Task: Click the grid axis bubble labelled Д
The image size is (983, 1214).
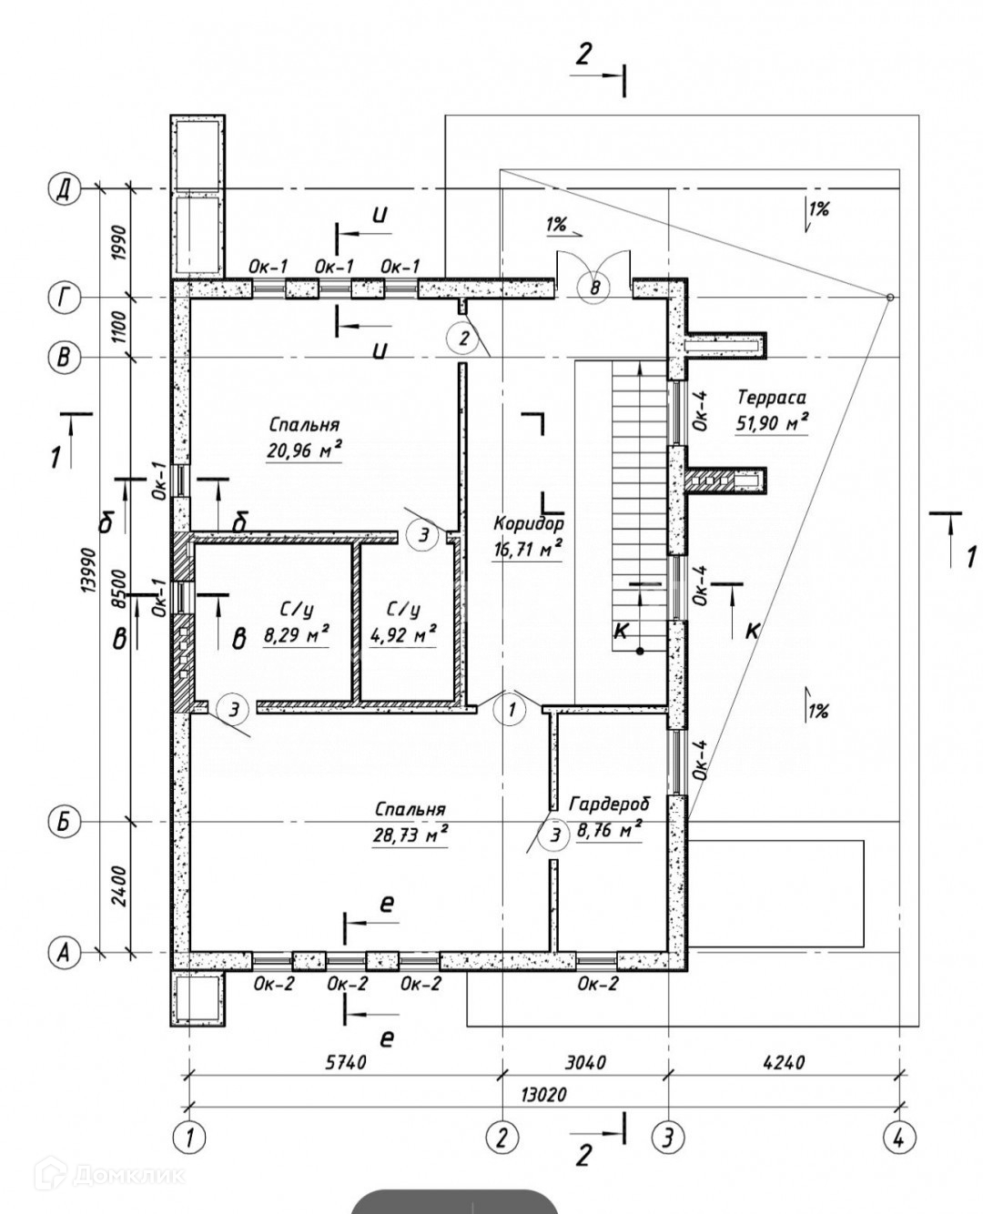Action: tap(64, 189)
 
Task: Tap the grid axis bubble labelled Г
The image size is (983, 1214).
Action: tap(64, 298)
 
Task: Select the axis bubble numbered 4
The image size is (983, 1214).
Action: tap(899, 1137)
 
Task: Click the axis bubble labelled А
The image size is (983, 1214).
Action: tap(64, 953)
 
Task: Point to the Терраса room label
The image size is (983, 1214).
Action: tap(772, 397)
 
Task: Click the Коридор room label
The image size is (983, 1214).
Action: tap(529, 523)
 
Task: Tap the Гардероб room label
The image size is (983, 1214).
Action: tap(610, 804)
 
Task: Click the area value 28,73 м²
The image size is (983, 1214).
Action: tap(409, 835)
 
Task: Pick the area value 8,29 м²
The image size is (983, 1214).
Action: tap(296, 635)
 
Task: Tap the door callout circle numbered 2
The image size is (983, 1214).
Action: tap(463, 339)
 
